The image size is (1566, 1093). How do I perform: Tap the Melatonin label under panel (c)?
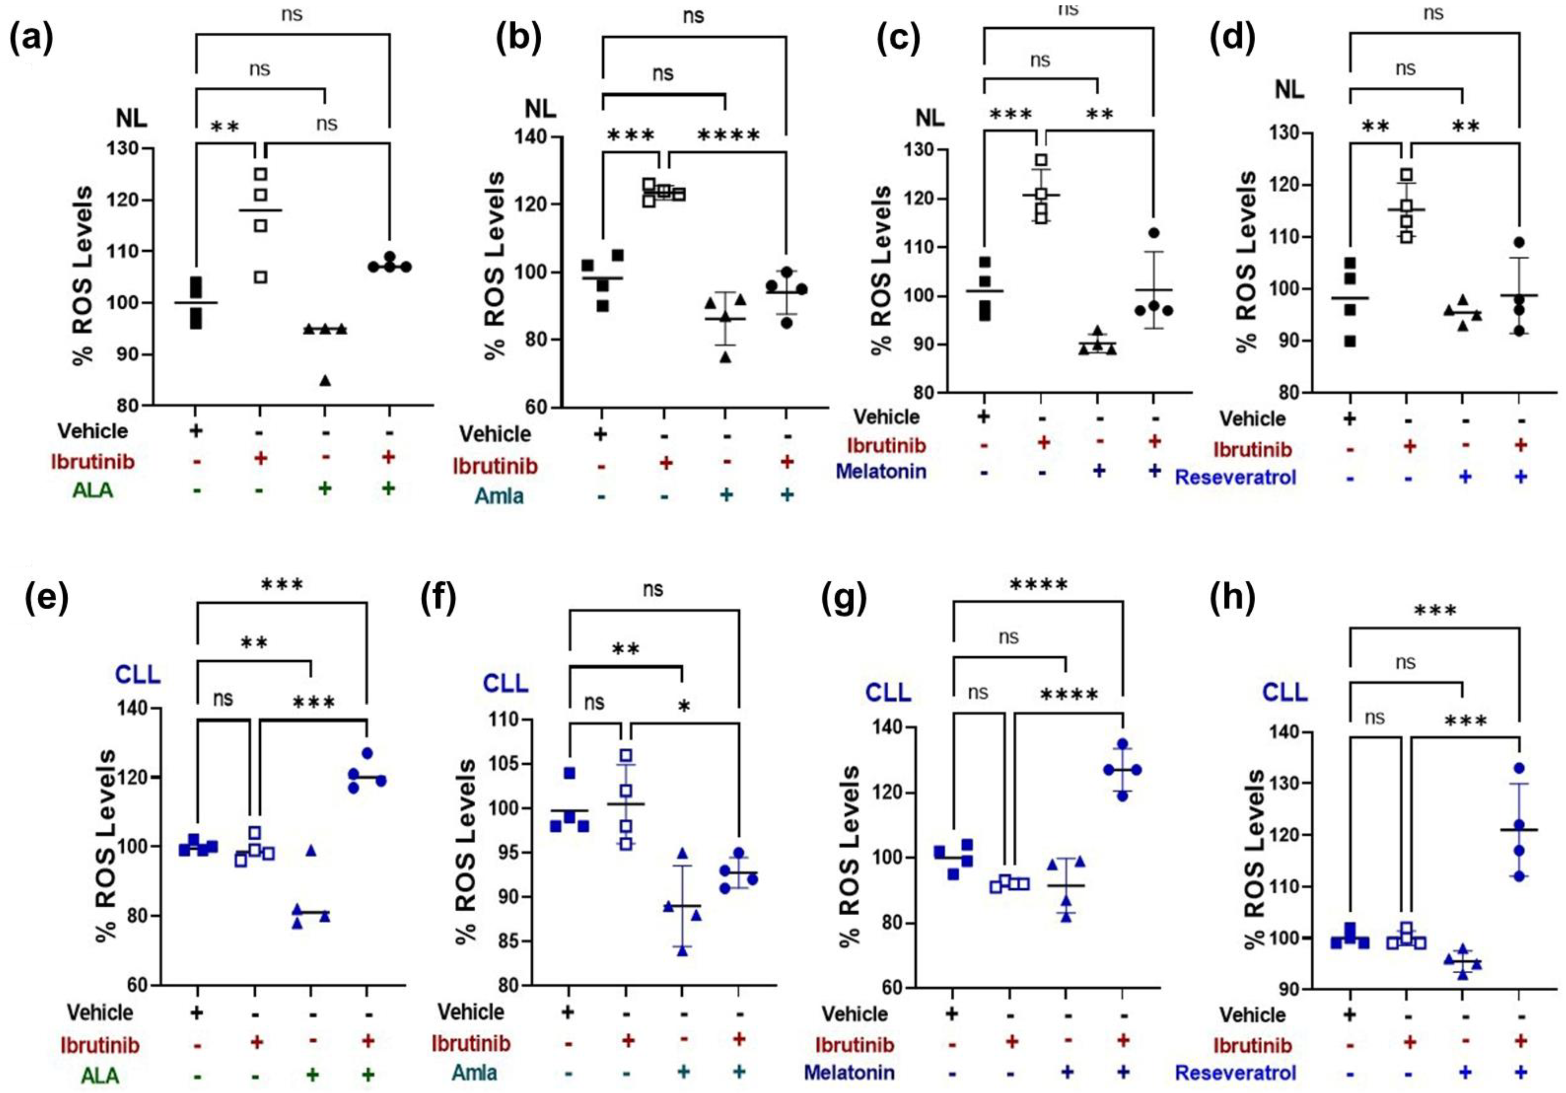(880, 471)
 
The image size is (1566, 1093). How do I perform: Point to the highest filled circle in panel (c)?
(1153, 233)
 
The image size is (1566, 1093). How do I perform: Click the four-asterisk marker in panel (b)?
(728, 135)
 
